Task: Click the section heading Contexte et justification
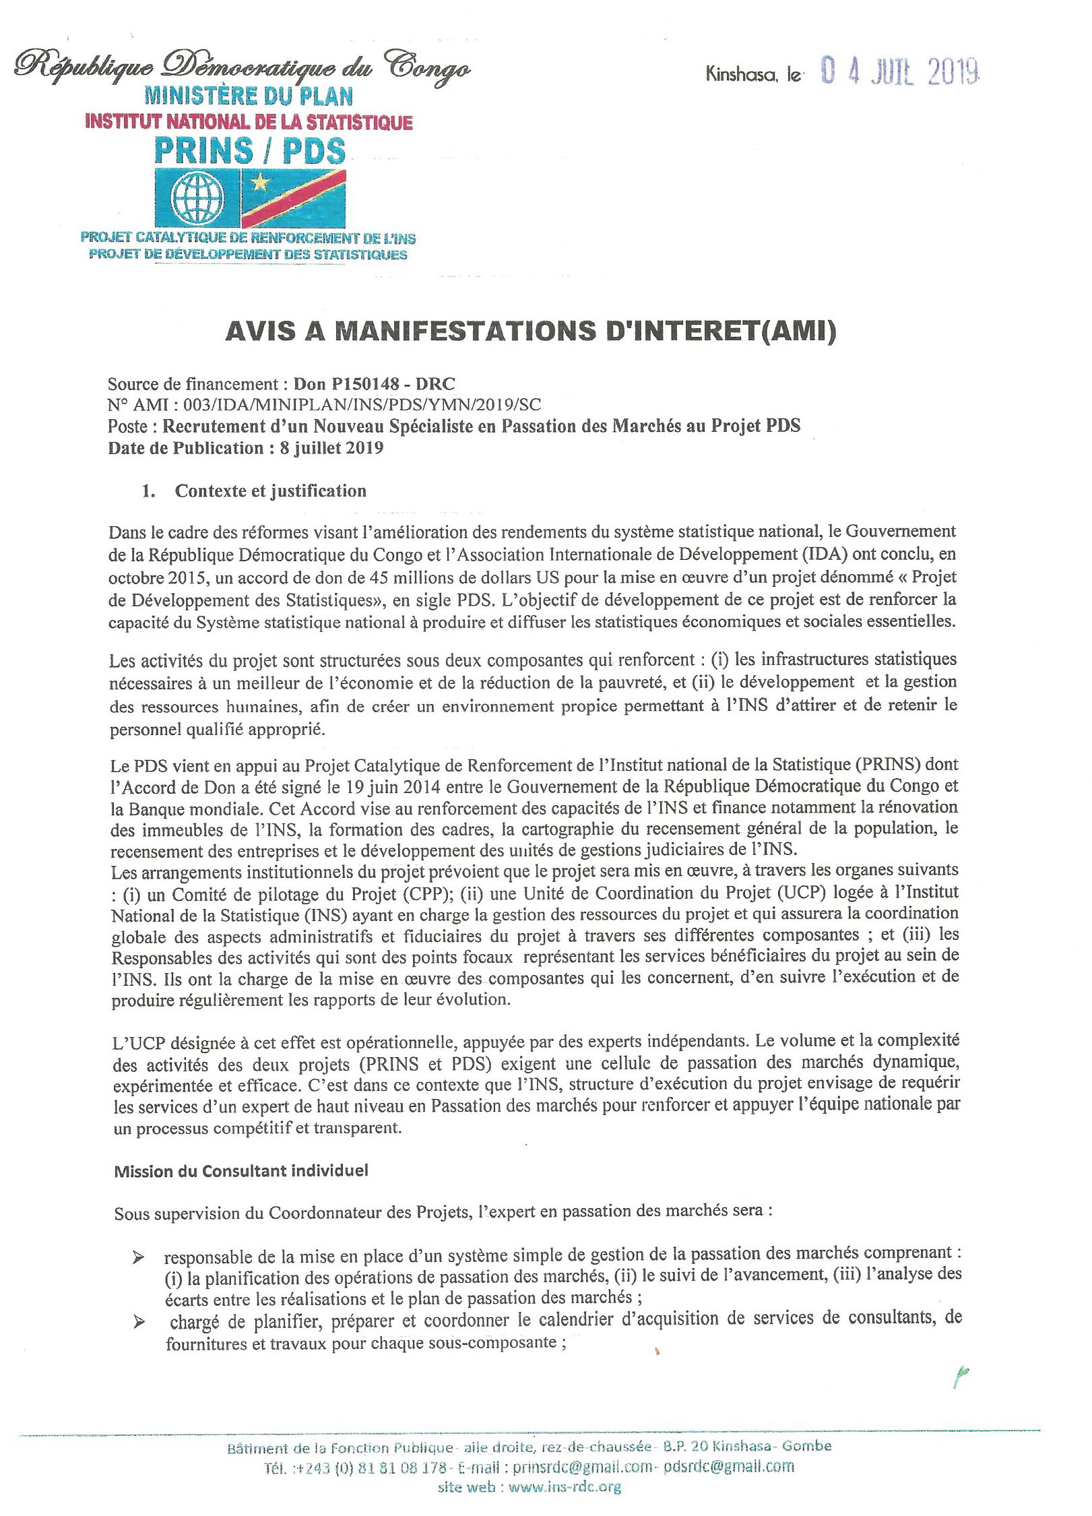270,491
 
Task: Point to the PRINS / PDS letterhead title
250,151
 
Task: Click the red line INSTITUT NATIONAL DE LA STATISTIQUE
247,122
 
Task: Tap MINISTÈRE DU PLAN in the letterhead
253,96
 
